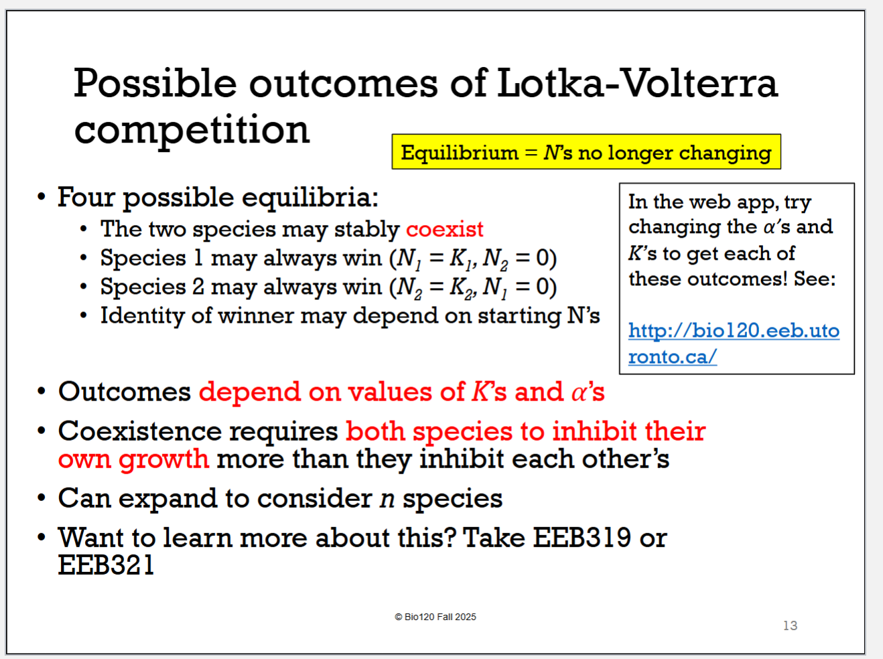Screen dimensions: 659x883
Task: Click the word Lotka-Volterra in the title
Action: coord(636,83)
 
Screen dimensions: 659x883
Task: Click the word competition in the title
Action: coord(192,130)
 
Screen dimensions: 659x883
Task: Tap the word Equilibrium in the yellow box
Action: coord(460,153)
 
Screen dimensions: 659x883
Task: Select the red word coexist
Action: coord(444,229)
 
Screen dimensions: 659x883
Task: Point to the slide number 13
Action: coord(790,626)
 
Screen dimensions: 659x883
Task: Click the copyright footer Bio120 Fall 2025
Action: coord(435,617)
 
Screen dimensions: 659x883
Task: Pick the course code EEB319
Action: coord(582,538)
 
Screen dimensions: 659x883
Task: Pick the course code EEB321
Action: coord(106,565)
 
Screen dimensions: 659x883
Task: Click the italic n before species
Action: coord(387,499)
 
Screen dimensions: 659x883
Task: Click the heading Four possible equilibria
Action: coord(218,198)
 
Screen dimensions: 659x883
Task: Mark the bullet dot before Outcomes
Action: coord(42,392)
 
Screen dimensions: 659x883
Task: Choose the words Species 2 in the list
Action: coord(152,287)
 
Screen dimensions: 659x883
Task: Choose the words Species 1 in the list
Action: coord(151,258)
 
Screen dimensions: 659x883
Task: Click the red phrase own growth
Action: coord(133,459)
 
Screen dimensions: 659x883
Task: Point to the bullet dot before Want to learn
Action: coord(42,538)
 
